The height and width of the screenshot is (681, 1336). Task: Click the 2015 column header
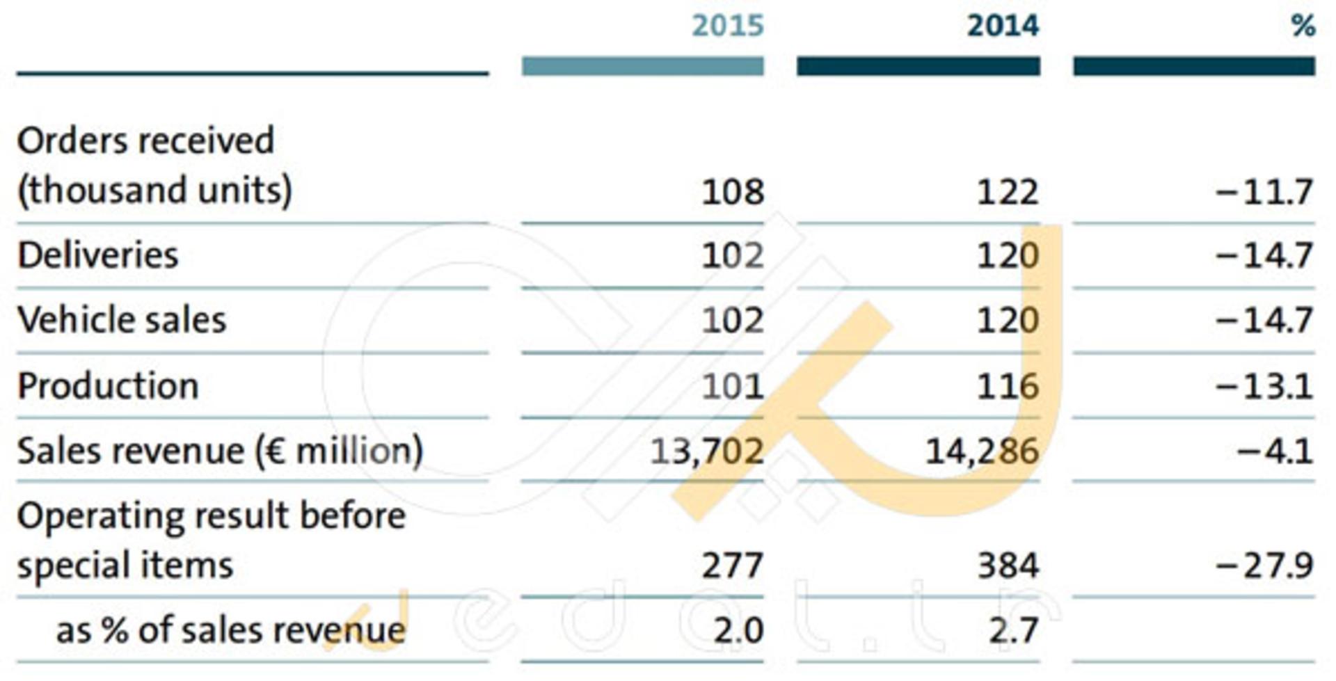pyautogui.click(x=728, y=26)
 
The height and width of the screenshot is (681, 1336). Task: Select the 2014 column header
pyautogui.click(x=1003, y=26)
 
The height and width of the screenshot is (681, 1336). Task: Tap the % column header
pyautogui.click(x=1303, y=26)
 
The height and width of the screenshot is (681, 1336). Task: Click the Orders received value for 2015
pyautogui.click(x=733, y=191)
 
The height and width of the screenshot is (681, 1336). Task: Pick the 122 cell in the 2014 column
pyautogui.click(x=1008, y=191)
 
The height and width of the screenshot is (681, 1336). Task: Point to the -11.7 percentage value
pyautogui.click(x=1265, y=191)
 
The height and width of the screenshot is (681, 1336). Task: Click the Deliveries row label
pyautogui.click(x=98, y=255)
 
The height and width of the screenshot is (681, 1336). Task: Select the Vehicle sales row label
pyautogui.click(x=122, y=320)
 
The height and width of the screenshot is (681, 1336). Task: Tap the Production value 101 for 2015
pyautogui.click(x=733, y=386)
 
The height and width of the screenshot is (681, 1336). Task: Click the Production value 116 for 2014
pyautogui.click(x=1008, y=386)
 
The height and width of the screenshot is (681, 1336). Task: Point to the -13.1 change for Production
pyautogui.click(x=1265, y=386)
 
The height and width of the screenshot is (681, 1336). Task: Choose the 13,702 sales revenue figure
pyautogui.click(x=707, y=451)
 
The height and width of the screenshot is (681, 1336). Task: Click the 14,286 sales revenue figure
pyautogui.click(x=983, y=451)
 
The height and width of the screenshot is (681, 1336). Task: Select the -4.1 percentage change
pyautogui.click(x=1275, y=451)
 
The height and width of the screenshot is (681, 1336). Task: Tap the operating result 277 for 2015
pyautogui.click(x=733, y=565)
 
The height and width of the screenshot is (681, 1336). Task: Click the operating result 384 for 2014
pyautogui.click(x=1008, y=565)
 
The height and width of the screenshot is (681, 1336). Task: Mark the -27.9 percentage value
pyautogui.click(x=1265, y=565)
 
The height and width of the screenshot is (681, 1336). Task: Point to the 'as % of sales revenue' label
pyautogui.click(x=230, y=630)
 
